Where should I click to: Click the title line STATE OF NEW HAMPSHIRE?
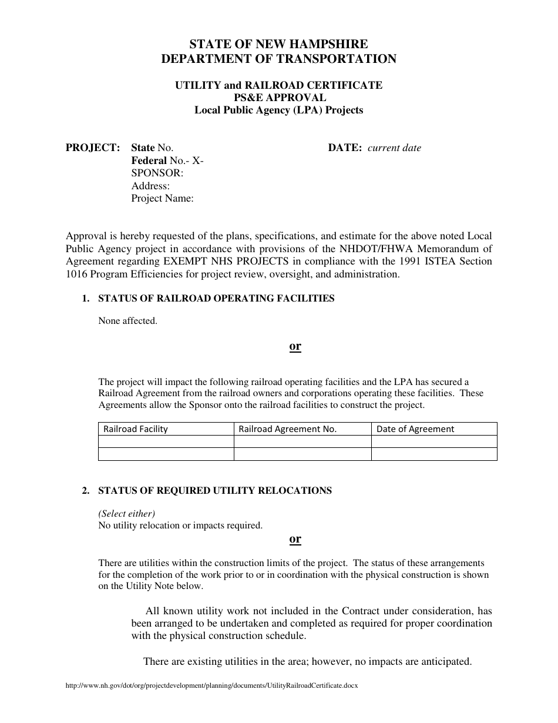click(x=278, y=44)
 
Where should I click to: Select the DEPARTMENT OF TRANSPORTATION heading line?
click(x=278, y=59)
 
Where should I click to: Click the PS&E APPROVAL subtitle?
click(x=278, y=98)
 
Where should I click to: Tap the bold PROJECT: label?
click(x=93, y=148)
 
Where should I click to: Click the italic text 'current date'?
click(x=394, y=148)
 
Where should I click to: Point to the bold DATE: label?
click(x=345, y=148)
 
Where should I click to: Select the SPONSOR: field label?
click(x=157, y=173)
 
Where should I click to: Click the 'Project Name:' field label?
click(x=163, y=199)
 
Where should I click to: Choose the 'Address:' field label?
click(x=150, y=186)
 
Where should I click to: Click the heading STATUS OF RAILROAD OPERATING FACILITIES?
click(x=216, y=299)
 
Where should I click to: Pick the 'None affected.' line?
click(x=127, y=321)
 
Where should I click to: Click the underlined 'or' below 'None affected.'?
click(x=295, y=346)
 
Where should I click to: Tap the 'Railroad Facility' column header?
click(x=136, y=429)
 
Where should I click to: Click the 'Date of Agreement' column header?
click(x=415, y=429)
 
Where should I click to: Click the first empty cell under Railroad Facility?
click(x=166, y=441)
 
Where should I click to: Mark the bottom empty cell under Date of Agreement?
click(x=434, y=454)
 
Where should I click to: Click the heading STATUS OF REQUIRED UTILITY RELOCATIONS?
click(x=215, y=491)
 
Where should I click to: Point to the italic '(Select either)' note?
click(x=126, y=513)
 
